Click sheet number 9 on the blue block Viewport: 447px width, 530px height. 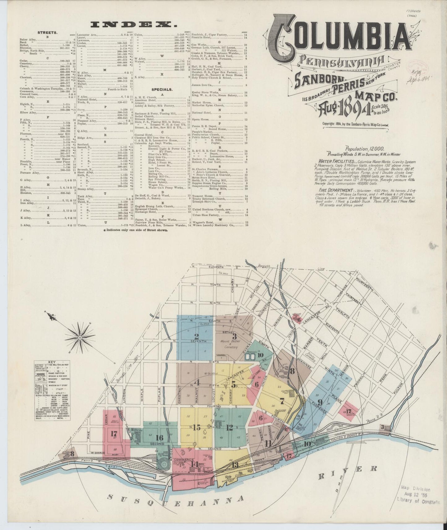320,402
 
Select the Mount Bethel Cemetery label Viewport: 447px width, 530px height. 234,345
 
